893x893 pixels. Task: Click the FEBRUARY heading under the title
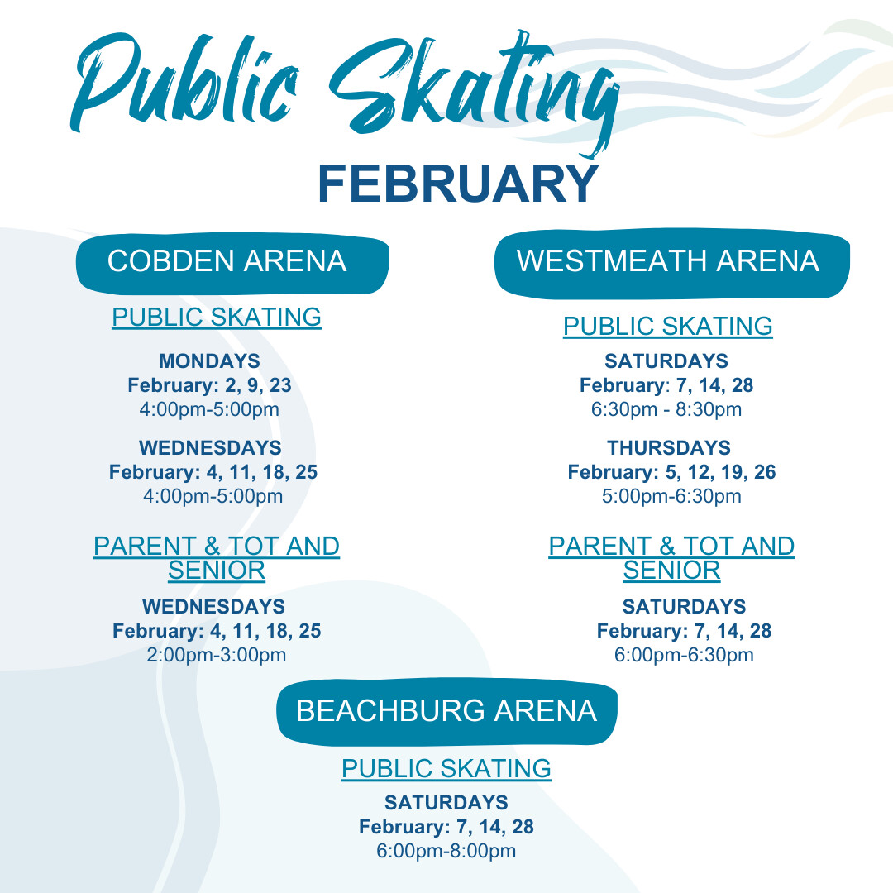click(458, 184)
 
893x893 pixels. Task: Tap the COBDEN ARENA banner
click(232, 263)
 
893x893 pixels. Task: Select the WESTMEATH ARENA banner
click(672, 263)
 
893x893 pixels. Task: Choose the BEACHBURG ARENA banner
click(447, 711)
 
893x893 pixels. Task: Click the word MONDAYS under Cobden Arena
click(209, 361)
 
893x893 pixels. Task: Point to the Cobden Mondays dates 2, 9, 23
click(258, 385)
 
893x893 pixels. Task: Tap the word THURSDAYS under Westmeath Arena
click(669, 447)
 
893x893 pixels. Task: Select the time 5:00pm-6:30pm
click(671, 496)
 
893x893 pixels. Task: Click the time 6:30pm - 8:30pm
click(666, 409)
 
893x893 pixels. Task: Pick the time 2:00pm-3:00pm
click(217, 655)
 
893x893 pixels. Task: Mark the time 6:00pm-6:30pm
click(684, 655)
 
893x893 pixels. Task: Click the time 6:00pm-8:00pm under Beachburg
click(446, 851)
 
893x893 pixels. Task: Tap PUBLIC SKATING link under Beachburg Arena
click(446, 768)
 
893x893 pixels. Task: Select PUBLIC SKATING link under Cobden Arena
click(217, 318)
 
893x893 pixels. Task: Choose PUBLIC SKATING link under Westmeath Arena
click(668, 327)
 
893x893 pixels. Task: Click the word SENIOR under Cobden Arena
click(217, 571)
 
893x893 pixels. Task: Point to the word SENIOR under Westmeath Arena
click(671, 571)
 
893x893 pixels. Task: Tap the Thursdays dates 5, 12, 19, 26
click(720, 472)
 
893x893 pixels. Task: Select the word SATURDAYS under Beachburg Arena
click(446, 802)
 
